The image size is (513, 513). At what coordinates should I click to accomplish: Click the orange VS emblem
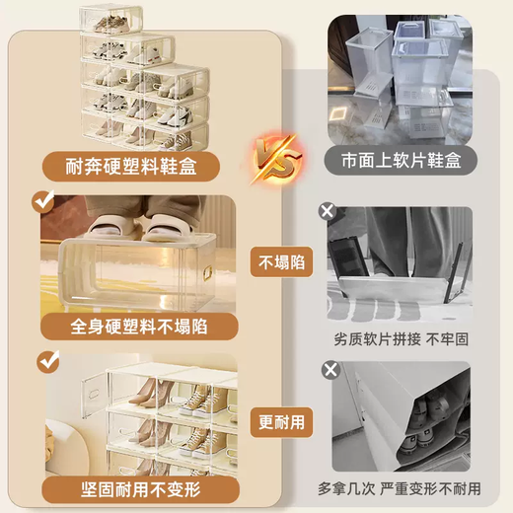(278, 156)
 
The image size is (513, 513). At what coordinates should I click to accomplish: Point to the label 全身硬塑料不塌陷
(138, 325)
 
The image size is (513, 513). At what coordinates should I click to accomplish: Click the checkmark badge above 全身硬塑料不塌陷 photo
(43, 202)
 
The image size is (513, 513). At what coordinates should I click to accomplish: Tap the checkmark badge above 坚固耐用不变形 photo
(43, 360)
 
